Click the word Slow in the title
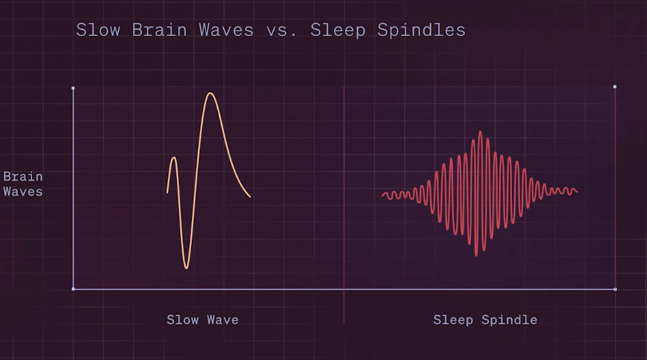coord(98,30)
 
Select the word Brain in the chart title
coord(159,30)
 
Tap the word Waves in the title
coord(226,30)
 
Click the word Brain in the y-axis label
coord(23,177)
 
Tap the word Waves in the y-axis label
coord(23,192)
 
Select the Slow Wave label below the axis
coord(202,320)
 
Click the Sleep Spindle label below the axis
coord(485,320)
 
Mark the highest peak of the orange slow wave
coord(210,93)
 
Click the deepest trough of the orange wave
coord(186,268)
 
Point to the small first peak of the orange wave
coord(174,158)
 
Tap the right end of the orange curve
coord(250,197)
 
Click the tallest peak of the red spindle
coord(480,132)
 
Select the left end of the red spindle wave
coord(382,195)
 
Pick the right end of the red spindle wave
coord(577,191)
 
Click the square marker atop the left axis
coord(73,88)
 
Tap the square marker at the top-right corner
coord(615,87)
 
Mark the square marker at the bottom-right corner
coord(615,289)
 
